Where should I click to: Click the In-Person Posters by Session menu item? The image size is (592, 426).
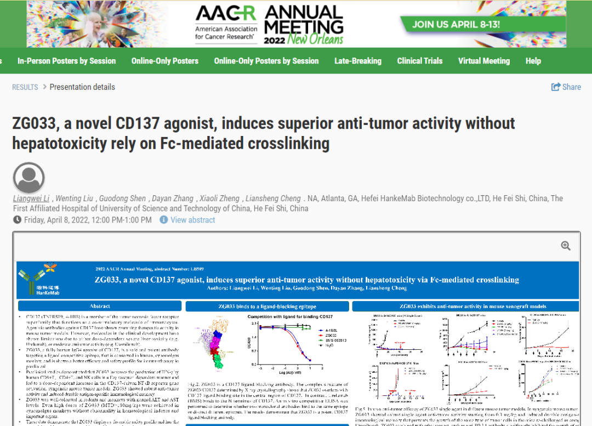[66, 61]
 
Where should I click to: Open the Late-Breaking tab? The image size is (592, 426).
[358, 61]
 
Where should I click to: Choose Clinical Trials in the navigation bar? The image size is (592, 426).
[420, 61]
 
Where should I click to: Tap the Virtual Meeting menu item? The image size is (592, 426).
[484, 61]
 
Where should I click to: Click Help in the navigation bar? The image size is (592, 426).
[533, 61]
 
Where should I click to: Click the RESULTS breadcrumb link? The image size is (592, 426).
[25, 87]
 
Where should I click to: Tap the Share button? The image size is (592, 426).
[566, 87]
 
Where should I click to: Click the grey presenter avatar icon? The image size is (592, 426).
[29, 178]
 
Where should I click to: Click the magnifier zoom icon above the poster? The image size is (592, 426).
[566, 246]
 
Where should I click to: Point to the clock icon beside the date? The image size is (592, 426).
[18, 220]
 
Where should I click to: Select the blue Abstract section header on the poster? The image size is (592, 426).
[99, 306]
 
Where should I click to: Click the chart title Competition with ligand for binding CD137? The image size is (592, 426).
[290, 317]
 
